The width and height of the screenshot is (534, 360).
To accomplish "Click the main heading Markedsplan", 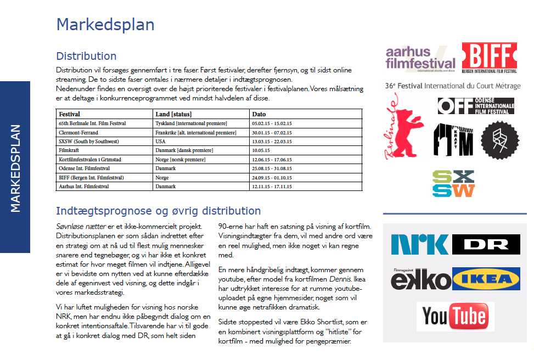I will [x=105, y=25].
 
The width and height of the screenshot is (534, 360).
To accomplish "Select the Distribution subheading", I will [x=86, y=56].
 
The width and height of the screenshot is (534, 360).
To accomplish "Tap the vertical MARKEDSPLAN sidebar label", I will [x=15, y=167].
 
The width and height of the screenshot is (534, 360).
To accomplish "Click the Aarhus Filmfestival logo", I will [x=420, y=58].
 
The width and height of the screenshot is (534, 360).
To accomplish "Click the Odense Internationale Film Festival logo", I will [x=476, y=105].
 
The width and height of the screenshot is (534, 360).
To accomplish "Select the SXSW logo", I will [x=453, y=183].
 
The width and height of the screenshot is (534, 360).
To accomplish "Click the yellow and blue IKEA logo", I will [x=486, y=280].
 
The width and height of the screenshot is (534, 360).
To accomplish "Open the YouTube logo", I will [x=454, y=317].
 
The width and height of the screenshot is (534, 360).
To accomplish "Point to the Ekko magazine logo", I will [x=420, y=280].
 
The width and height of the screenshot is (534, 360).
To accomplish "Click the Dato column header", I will [x=258, y=114].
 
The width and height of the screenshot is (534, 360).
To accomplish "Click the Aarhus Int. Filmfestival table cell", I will [x=84, y=187].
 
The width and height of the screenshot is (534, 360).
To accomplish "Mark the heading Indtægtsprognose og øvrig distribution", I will [x=158, y=211].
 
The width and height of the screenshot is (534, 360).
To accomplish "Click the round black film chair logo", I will [x=499, y=140].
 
